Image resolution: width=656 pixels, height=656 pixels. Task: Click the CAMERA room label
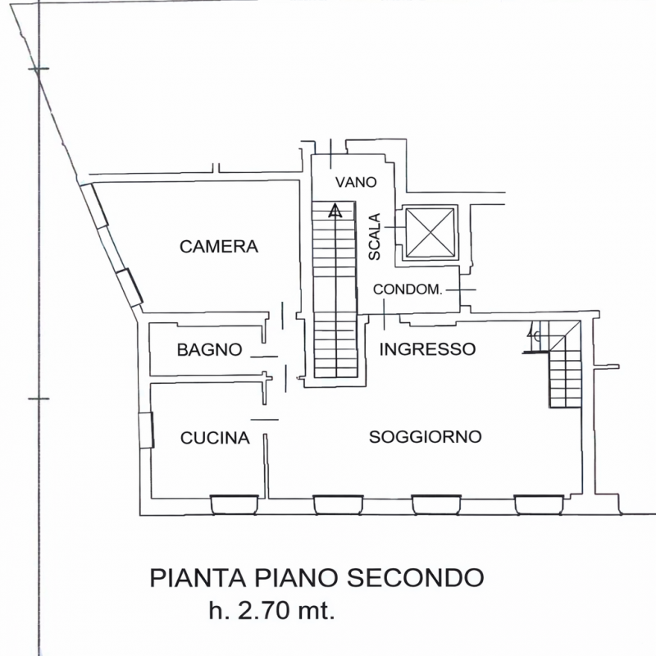pos(219,246)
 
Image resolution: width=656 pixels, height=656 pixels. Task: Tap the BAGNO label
pos(209,350)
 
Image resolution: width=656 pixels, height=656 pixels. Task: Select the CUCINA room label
pos(215,439)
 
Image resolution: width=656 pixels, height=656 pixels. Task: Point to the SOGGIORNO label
pos(425,437)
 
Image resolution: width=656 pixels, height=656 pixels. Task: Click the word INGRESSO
pos(427,349)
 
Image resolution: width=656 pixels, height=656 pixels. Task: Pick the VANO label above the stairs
pos(355,182)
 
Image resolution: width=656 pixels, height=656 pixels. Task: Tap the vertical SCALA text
pos(375,237)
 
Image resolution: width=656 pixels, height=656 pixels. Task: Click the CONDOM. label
pos(408,289)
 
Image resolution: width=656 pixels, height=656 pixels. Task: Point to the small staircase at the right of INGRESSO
pos(564,365)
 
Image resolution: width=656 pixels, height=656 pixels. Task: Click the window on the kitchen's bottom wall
pos(235,503)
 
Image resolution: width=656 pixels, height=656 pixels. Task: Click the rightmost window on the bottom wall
pos(538,503)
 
